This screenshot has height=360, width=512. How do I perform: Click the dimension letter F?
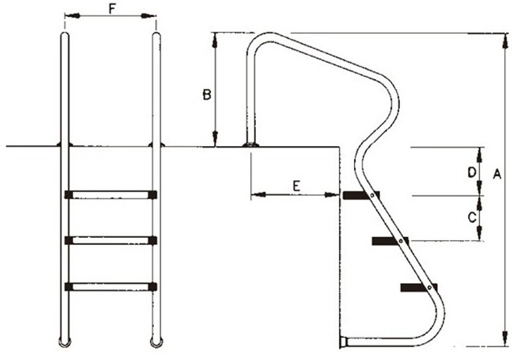click(x=112, y=9)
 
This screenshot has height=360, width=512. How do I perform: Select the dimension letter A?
click(x=496, y=174)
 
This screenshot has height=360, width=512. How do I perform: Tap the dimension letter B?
click(x=207, y=95)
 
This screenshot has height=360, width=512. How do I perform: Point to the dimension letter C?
click(x=472, y=217)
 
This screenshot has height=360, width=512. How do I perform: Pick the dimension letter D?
click(x=472, y=172)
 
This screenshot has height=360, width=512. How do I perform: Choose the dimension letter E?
click(x=296, y=186)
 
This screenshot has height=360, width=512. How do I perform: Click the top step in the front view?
click(x=111, y=195)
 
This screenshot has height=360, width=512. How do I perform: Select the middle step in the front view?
click(x=111, y=240)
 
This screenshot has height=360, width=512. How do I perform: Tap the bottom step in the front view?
click(x=111, y=287)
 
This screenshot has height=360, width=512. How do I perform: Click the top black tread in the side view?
click(x=361, y=196)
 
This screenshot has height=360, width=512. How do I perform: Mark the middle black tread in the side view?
click(x=390, y=241)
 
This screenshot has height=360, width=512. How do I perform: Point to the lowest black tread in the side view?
click(x=419, y=287)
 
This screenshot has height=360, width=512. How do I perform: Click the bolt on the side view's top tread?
click(x=372, y=196)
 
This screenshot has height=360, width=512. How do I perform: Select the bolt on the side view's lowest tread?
click(x=429, y=287)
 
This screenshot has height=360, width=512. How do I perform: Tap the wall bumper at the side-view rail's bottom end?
click(x=343, y=342)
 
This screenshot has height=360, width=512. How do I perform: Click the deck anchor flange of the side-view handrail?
click(x=251, y=145)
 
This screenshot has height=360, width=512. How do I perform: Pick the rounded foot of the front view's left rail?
click(x=65, y=342)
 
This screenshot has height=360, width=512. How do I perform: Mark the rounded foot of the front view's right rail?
click(x=157, y=342)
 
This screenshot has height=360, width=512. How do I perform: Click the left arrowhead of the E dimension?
click(x=258, y=195)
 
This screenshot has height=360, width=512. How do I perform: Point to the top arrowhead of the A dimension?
click(x=505, y=41)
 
